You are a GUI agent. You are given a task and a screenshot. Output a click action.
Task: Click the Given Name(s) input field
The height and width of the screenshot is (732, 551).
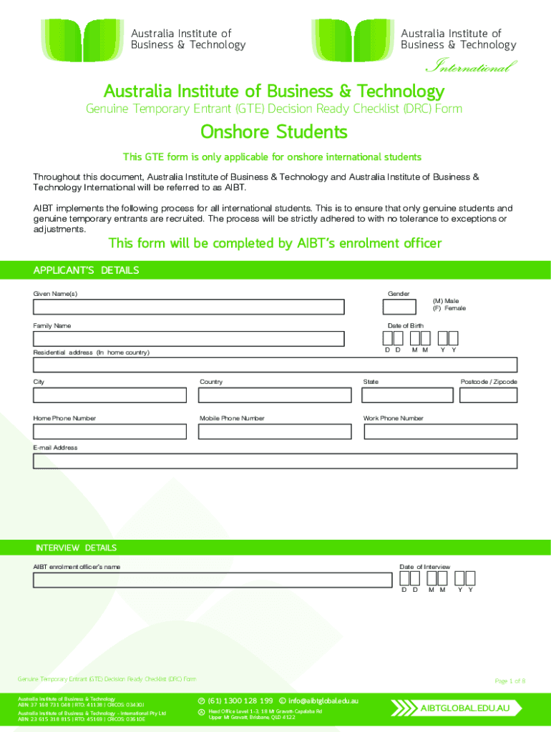pos(188,307)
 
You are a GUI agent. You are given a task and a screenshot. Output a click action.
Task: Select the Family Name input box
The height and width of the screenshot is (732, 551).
pos(188,339)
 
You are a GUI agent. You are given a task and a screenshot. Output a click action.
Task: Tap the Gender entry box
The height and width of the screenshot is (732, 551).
pos(399,307)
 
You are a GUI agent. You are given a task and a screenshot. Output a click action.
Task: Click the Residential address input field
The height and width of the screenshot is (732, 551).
pos(275,365)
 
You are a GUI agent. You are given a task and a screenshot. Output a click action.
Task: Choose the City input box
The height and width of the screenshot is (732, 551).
pos(109,395)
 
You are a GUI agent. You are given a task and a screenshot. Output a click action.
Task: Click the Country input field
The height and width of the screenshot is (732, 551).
pos(275,395)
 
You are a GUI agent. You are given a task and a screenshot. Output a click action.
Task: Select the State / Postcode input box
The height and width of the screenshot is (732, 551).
pos(439,395)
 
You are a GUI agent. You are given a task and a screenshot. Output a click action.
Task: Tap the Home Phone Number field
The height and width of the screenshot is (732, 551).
pos(109,432)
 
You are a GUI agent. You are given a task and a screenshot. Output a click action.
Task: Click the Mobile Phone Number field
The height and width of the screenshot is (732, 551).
pos(275,432)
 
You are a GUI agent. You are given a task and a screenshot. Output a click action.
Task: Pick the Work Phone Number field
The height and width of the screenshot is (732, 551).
pos(439,432)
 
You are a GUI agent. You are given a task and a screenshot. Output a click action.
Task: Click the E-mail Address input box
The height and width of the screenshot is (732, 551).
pos(275,461)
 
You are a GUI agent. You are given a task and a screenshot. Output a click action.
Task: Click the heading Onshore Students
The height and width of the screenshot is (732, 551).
pos(274,132)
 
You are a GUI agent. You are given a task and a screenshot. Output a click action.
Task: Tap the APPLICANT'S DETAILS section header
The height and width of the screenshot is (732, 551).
pos(87,270)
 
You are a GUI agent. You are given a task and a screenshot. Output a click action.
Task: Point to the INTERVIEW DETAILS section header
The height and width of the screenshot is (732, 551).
pos(76,548)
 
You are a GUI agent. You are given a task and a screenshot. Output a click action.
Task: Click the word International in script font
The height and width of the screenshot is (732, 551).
pos(471,68)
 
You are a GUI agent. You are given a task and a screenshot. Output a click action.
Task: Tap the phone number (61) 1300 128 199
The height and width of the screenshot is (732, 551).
pos(240,700)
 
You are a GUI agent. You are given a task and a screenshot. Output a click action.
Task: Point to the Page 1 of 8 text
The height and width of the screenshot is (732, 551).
pos(510,681)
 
